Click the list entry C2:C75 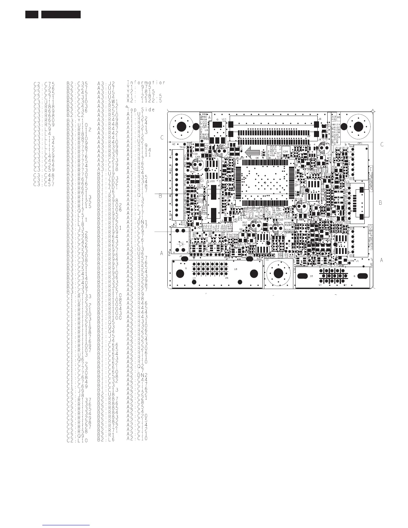click(x=44, y=84)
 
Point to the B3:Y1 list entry click(x=74, y=120)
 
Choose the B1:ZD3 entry click(x=108, y=178)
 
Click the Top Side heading click(x=141, y=109)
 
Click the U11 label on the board click(x=224, y=119)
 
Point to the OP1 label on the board click(x=359, y=144)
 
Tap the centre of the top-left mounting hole click(x=182, y=127)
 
